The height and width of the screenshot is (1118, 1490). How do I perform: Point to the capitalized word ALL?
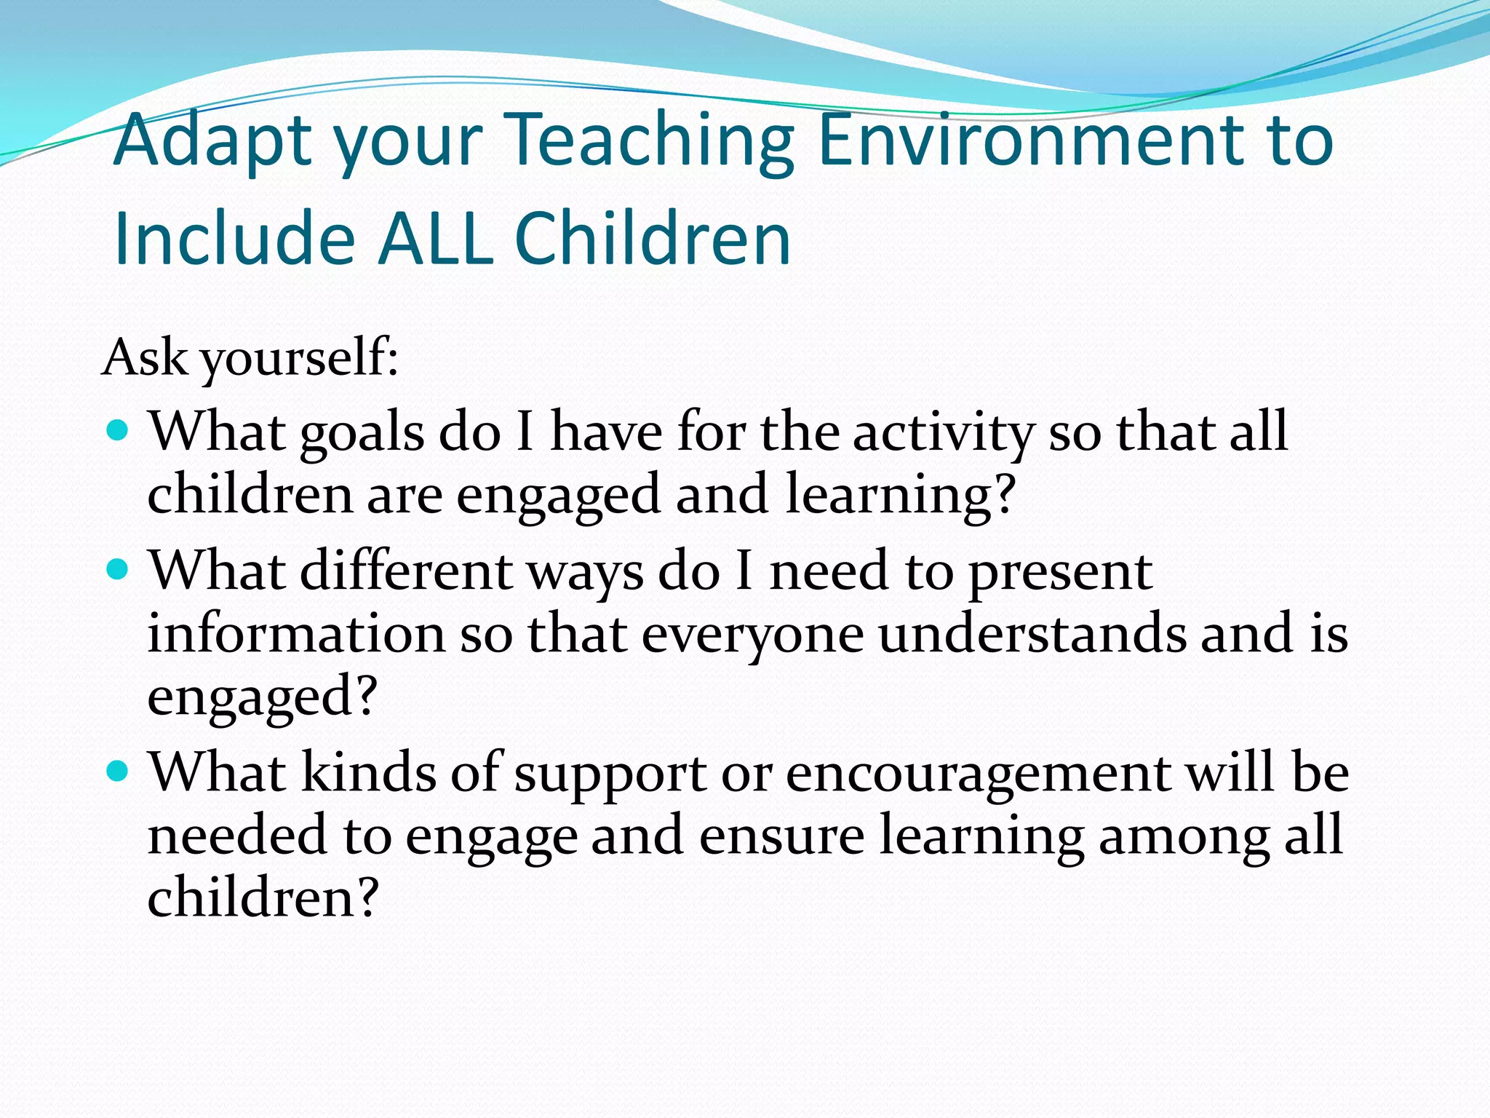coord(436,239)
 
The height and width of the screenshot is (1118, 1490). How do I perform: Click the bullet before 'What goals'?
coord(117,430)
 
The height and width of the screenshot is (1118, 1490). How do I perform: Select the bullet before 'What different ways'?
coord(117,568)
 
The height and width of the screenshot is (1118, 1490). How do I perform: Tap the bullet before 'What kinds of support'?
coord(117,770)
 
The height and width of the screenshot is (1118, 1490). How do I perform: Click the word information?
coord(296,633)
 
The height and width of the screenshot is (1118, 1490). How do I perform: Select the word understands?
coord(1031,633)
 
